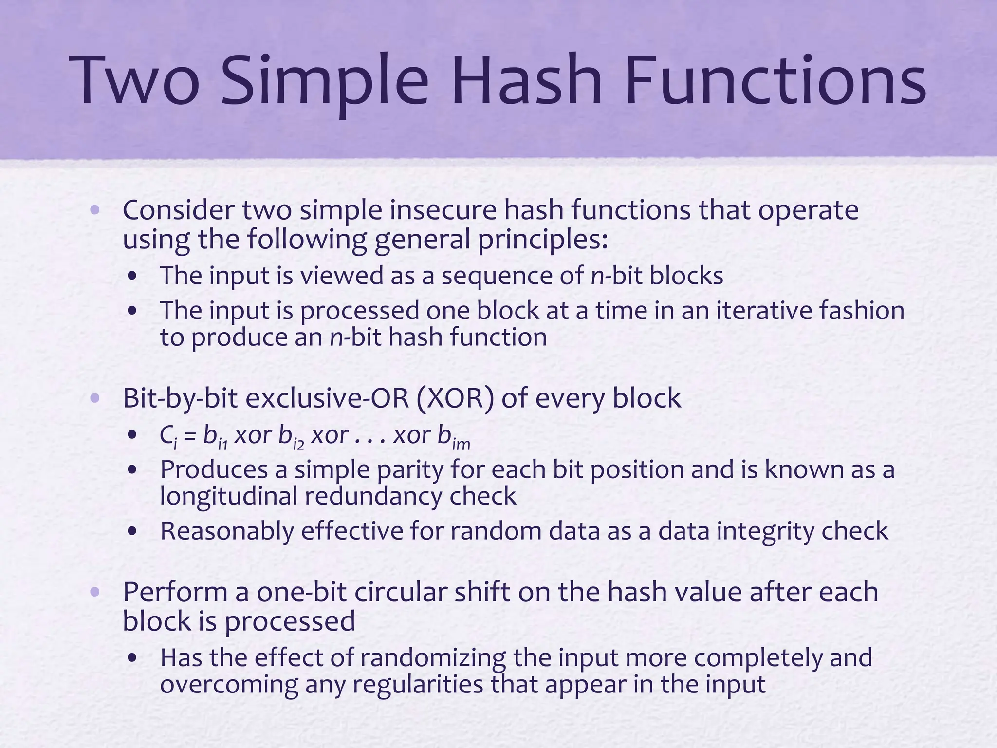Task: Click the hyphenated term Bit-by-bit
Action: tap(180, 398)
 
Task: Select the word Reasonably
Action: tap(227, 531)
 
